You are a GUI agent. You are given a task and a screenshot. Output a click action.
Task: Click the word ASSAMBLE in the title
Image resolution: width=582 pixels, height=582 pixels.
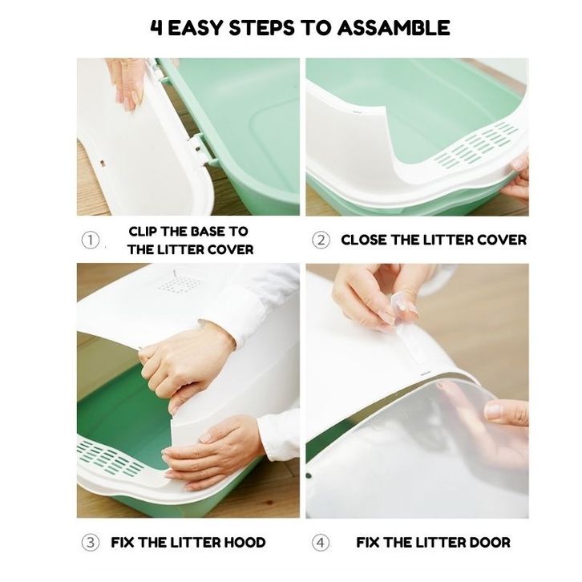click(x=394, y=28)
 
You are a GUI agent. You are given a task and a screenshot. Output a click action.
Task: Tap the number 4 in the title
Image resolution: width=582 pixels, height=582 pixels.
click(x=156, y=28)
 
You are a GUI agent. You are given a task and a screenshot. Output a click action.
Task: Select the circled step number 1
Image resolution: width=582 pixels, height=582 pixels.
click(x=91, y=240)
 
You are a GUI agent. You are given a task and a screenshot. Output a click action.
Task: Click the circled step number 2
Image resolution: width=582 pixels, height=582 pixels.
click(x=321, y=240)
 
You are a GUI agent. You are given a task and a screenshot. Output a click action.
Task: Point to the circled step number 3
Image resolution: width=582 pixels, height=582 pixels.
click(x=91, y=543)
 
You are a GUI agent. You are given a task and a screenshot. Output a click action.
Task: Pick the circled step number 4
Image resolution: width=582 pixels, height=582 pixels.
click(x=321, y=543)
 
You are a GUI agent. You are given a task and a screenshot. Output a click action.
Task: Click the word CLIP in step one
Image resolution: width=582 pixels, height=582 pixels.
click(x=143, y=231)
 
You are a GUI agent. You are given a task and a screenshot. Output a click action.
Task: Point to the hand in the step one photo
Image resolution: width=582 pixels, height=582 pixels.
click(x=126, y=83)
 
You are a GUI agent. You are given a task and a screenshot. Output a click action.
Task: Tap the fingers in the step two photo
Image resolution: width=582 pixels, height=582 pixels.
click(x=519, y=177)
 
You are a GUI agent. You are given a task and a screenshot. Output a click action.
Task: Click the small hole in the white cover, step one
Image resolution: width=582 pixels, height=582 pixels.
click(x=102, y=163)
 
